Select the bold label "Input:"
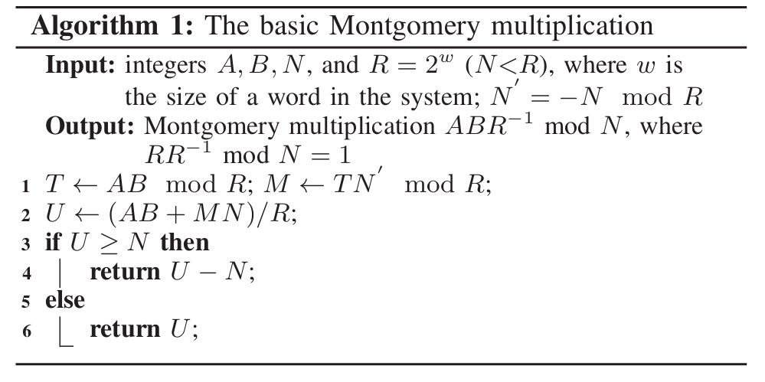click(80, 66)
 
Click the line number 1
click(27, 186)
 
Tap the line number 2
click(27, 215)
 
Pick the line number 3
click(27, 244)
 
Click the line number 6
click(27, 331)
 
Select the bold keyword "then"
click(184, 243)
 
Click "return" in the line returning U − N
click(124, 273)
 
